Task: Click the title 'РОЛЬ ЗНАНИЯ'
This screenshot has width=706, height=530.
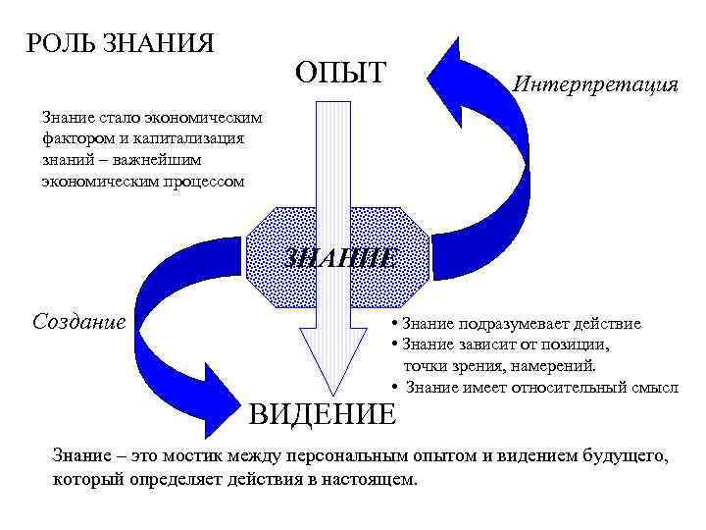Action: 121,44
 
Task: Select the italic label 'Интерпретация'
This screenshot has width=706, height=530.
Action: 596,84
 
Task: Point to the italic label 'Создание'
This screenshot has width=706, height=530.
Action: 79,321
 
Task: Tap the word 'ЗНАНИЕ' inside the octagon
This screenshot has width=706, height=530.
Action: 340,258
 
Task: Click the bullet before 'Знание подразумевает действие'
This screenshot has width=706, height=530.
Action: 392,323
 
